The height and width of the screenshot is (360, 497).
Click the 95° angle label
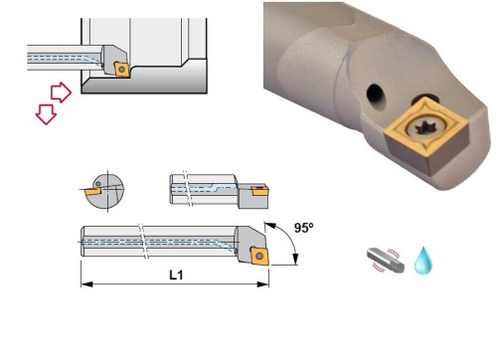(303, 228)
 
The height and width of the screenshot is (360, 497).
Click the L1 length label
(176, 275)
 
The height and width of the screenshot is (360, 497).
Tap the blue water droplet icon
(423, 261)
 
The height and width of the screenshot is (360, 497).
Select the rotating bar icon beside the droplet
(386, 261)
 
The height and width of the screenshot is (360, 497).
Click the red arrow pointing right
(61, 92)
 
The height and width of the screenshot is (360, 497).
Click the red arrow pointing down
(46, 114)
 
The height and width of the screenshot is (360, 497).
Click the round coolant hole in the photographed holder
(375, 93)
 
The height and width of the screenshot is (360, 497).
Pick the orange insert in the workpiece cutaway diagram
(121, 70)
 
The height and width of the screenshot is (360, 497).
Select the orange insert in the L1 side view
(259, 256)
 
